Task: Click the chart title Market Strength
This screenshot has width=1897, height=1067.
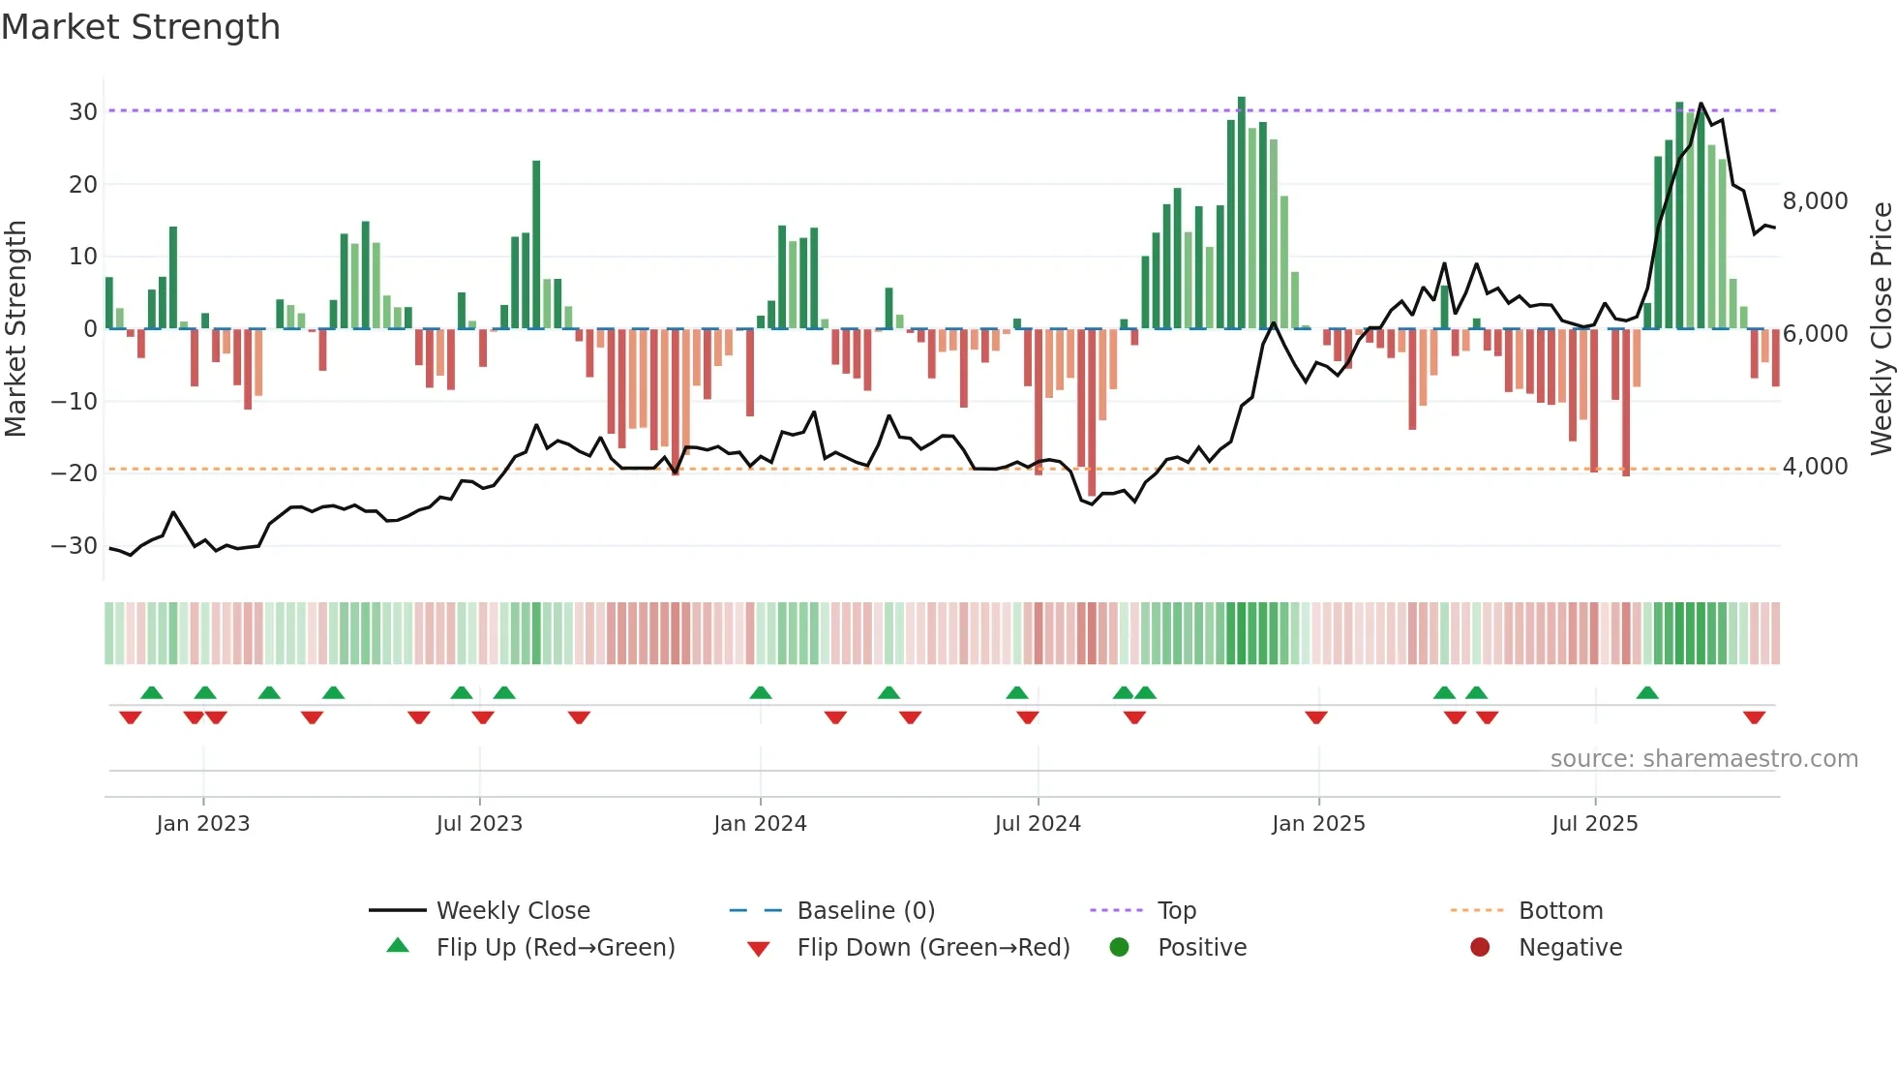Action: tap(140, 27)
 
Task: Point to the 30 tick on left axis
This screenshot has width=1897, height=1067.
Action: tap(82, 112)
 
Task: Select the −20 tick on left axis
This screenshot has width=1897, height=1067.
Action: tap(75, 473)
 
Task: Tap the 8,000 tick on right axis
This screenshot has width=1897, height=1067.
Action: tap(1815, 201)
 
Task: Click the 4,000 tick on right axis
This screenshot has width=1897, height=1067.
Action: tap(1815, 467)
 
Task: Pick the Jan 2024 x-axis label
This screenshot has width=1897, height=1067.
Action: tap(760, 824)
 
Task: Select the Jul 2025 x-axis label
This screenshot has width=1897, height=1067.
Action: tap(1594, 824)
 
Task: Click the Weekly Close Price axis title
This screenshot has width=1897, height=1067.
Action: tap(1881, 329)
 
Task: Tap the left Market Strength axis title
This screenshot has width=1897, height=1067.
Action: tap(15, 329)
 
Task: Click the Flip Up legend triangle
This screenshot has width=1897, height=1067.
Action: tap(398, 946)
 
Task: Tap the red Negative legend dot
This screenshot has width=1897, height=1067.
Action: tap(1479, 947)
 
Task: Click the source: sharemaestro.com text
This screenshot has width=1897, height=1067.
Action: tap(1703, 759)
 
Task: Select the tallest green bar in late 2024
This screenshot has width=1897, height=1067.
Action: tap(1242, 213)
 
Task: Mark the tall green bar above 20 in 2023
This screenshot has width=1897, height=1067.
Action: tap(536, 244)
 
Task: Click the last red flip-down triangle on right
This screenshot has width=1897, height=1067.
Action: tap(1754, 717)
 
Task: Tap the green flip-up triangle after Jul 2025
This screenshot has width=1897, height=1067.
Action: tap(1647, 692)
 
